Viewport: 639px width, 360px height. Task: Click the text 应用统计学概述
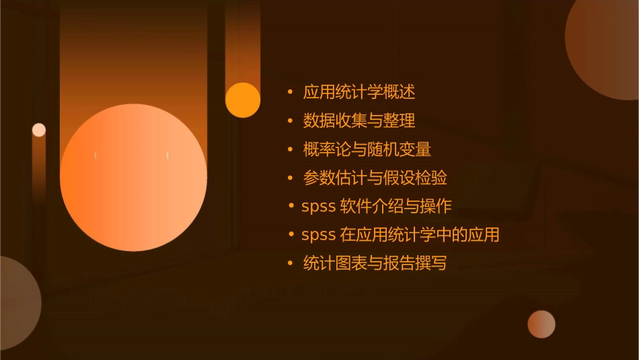(x=359, y=92)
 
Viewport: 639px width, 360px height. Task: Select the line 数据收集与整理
(x=359, y=120)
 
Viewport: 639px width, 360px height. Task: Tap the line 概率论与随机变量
(x=367, y=149)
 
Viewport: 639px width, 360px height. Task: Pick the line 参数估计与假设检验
(x=375, y=178)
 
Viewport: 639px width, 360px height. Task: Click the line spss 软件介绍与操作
(x=376, y=207)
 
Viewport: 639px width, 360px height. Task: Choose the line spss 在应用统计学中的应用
(x=400, y=235)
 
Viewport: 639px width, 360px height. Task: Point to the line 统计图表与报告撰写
(x=375, y=264)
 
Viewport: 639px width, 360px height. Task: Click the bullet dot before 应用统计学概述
(x=290, y=92)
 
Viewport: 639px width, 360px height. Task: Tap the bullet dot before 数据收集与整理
(x=290, y=120)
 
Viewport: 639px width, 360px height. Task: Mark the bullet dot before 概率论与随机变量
(x=290, y=149)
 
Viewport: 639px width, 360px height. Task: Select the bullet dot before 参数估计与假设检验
(x=290, y=178)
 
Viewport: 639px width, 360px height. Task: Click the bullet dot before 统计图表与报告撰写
(x=290, y=264)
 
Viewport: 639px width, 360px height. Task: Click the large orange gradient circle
(x=133, y=177)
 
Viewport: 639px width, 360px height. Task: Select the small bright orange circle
(x=243, y=100)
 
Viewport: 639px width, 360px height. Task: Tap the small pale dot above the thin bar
(x=39, y=130)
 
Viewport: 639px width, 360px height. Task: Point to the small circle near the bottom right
(x=541, y=324)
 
